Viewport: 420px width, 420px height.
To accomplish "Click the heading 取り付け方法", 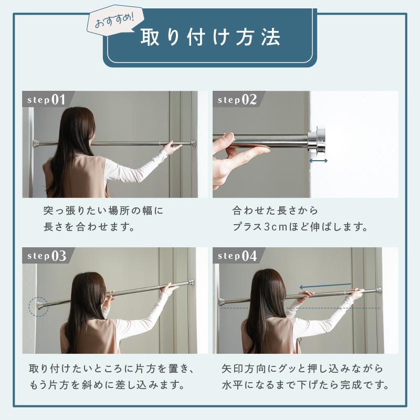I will [211, 38].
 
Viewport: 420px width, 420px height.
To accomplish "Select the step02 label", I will [237, 99].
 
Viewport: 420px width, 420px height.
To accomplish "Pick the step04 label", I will [237, 256].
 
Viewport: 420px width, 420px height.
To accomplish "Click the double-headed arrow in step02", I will [319, 161].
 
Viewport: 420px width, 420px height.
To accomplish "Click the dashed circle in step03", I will [38, 306].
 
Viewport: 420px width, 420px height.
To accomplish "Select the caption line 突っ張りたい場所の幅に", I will [103, 211].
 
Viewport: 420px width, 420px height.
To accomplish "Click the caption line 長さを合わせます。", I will [90, 228].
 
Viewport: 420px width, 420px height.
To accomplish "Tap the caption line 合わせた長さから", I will [275, 211].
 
